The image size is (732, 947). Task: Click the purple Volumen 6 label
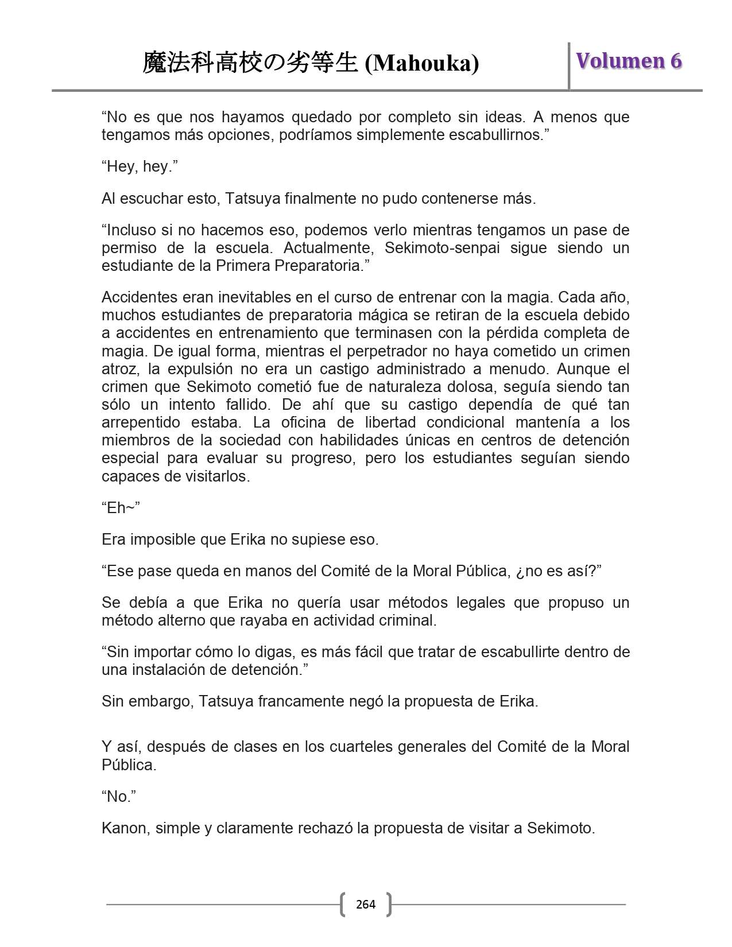click(x=629, y=61)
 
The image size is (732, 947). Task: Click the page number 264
click(x=366, y=905)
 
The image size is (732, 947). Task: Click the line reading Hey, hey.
click(x=140, y=166)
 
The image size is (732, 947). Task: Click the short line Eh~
click(x=121, y=508)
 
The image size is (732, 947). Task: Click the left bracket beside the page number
click(x=343, y=905)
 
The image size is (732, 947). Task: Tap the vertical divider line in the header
click(x=569, y=65)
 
